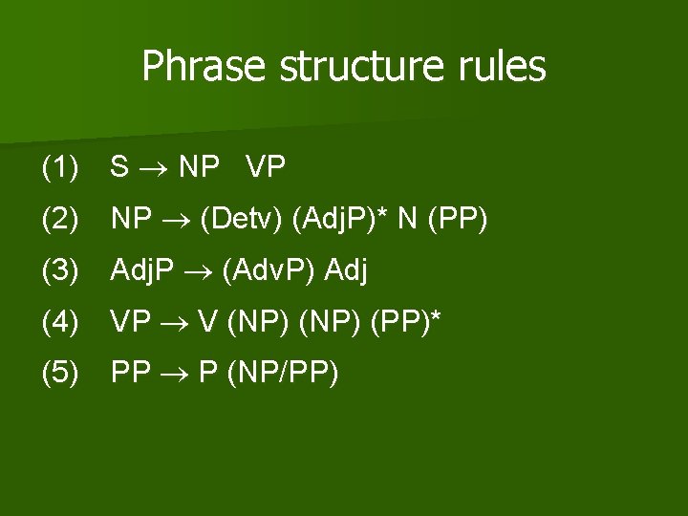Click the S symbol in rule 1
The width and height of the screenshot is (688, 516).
coord(119,169)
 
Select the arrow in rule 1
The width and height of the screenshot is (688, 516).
coord(153,170)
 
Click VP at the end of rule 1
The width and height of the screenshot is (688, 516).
coord(266,169)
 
